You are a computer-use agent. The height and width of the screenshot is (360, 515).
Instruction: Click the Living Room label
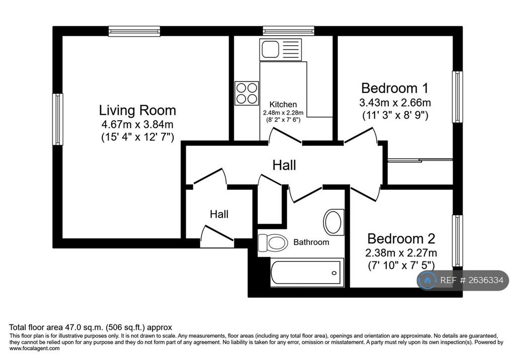137,111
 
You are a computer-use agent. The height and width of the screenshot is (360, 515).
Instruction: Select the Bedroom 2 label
401,238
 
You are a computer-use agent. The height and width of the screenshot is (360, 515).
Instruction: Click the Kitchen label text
283,105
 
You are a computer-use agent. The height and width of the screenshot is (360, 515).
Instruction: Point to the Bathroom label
311,242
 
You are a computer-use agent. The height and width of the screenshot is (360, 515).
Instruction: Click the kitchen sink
281,50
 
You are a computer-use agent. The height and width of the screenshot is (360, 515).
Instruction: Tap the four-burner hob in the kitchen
246,94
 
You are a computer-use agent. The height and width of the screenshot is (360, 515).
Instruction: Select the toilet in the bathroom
273,243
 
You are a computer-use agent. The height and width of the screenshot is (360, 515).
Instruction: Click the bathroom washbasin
334,222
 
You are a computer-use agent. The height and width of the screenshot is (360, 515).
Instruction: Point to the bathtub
307,273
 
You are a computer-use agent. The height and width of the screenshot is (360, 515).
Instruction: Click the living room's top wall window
134,31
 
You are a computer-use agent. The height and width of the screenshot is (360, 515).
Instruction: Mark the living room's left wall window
58,119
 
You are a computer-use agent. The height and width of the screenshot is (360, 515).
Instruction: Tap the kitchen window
288,31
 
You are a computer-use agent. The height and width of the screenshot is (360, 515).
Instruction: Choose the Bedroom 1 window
458,97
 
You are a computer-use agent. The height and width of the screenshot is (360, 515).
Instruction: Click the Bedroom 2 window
458,241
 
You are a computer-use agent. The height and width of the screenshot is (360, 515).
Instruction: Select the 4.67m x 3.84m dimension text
137,125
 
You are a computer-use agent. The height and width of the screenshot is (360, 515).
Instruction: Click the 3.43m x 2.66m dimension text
395,103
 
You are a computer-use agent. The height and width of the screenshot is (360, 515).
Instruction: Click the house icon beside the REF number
427,280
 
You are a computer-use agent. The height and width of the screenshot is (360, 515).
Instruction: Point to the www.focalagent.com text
35,348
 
